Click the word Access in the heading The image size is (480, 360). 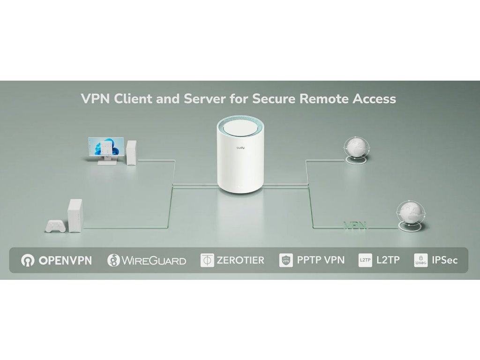[x=372, y=99]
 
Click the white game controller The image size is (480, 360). [x=56, y=226]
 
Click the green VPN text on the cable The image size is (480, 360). [x=355, y=225]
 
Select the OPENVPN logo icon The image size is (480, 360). [x=28, y=261]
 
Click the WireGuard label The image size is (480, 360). [x=154, y=261]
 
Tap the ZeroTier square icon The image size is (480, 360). [x=207, y=261]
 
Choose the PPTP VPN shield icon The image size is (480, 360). [x=286, y=260]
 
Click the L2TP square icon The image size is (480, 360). [x=365, y=260]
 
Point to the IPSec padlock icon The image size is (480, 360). [x=420, y=260]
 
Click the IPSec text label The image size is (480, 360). [x=444, y=260]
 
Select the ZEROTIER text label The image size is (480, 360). [x=240, y=260]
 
